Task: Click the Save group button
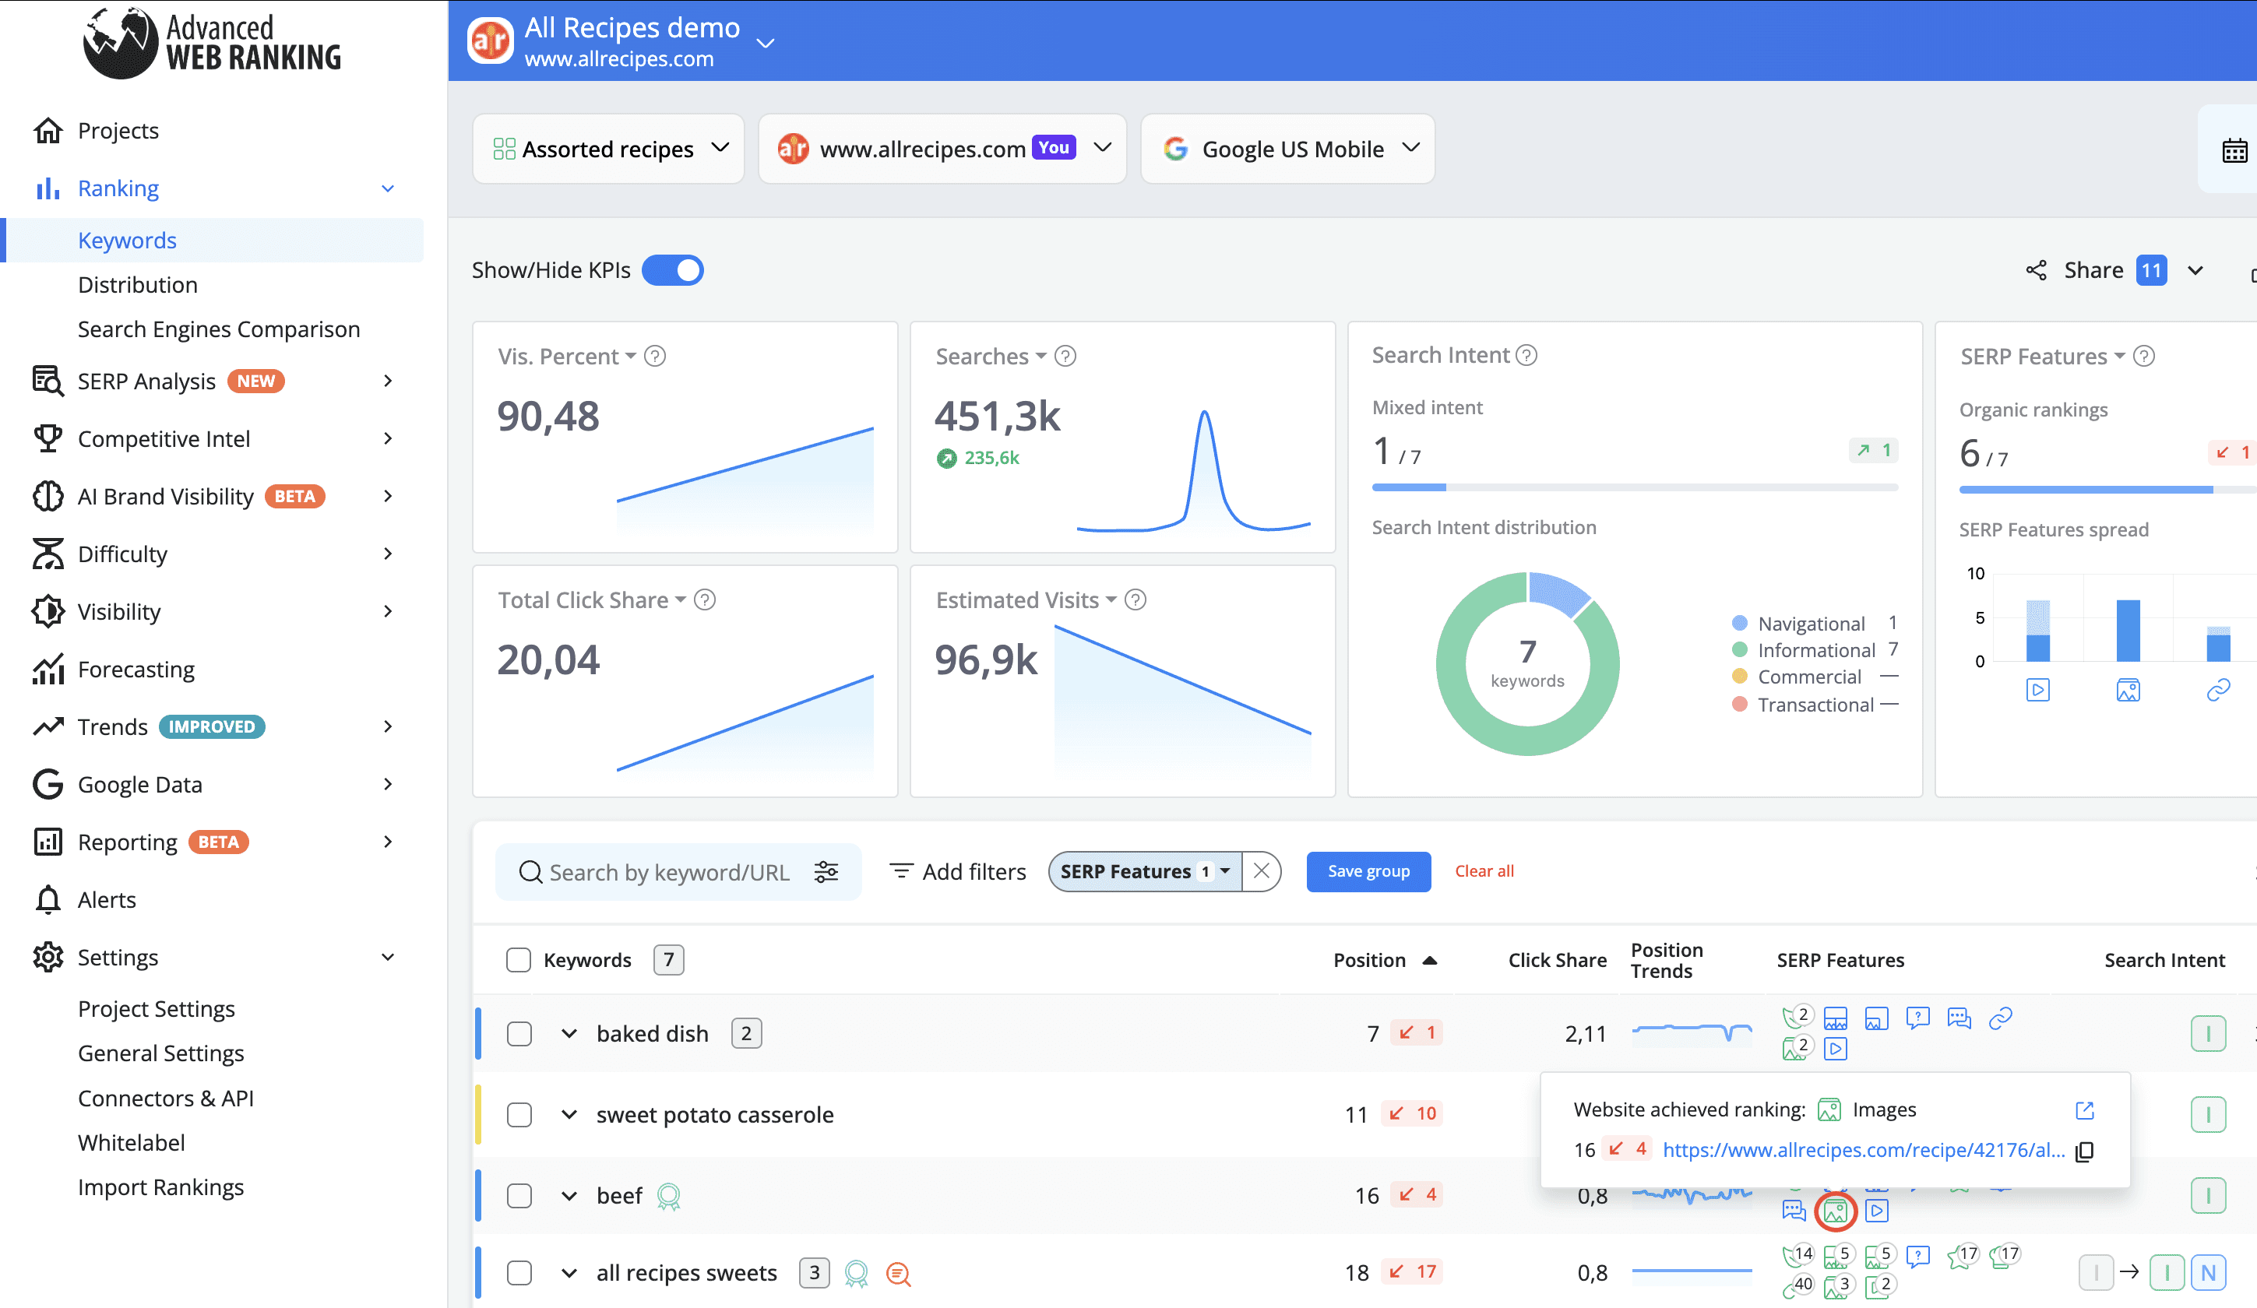1368,871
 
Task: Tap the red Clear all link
1484,871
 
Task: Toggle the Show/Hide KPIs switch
673,270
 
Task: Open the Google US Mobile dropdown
1287,149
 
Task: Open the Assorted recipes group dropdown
608,149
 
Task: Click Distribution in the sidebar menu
138,285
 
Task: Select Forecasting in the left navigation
136,670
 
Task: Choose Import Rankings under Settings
160,1187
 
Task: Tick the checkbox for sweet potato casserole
519,1115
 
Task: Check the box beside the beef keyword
519,1196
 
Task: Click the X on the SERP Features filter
1261,871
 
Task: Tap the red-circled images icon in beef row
1835,1212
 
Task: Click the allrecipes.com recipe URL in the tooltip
1864,1151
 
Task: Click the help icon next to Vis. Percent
655,357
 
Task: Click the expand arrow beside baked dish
569,1034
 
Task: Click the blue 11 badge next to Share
2150,270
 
